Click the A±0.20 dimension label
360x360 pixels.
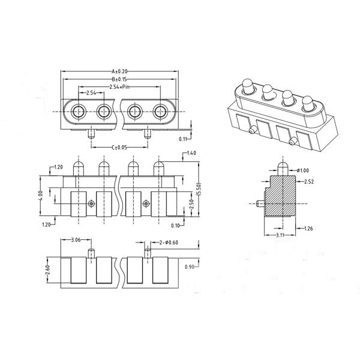point(119,71)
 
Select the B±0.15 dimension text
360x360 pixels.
point(119,79)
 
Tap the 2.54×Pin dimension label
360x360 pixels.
point(119,87)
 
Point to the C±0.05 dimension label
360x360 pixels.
point(119,148)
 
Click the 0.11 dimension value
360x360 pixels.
point(183,139)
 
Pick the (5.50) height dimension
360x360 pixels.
point(199,189)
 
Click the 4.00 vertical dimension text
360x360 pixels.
point(41,196)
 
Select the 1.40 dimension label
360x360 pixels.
point(192,153)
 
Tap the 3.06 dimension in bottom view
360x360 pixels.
point(76,240)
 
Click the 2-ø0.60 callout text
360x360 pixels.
point(169,242)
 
